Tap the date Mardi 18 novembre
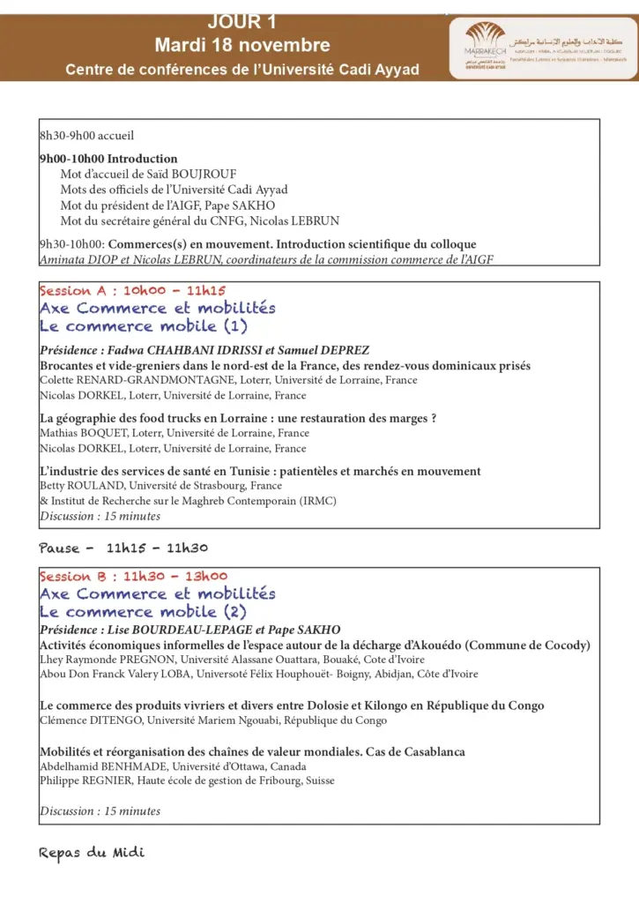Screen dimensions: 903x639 (242, 45)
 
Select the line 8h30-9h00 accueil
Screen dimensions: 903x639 (86, 136)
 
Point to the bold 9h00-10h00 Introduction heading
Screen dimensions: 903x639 (108, 159)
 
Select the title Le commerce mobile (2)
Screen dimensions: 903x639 (144, 611)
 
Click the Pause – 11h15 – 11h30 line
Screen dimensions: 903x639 (123, 548)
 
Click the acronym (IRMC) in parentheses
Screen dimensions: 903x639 (317, 501)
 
